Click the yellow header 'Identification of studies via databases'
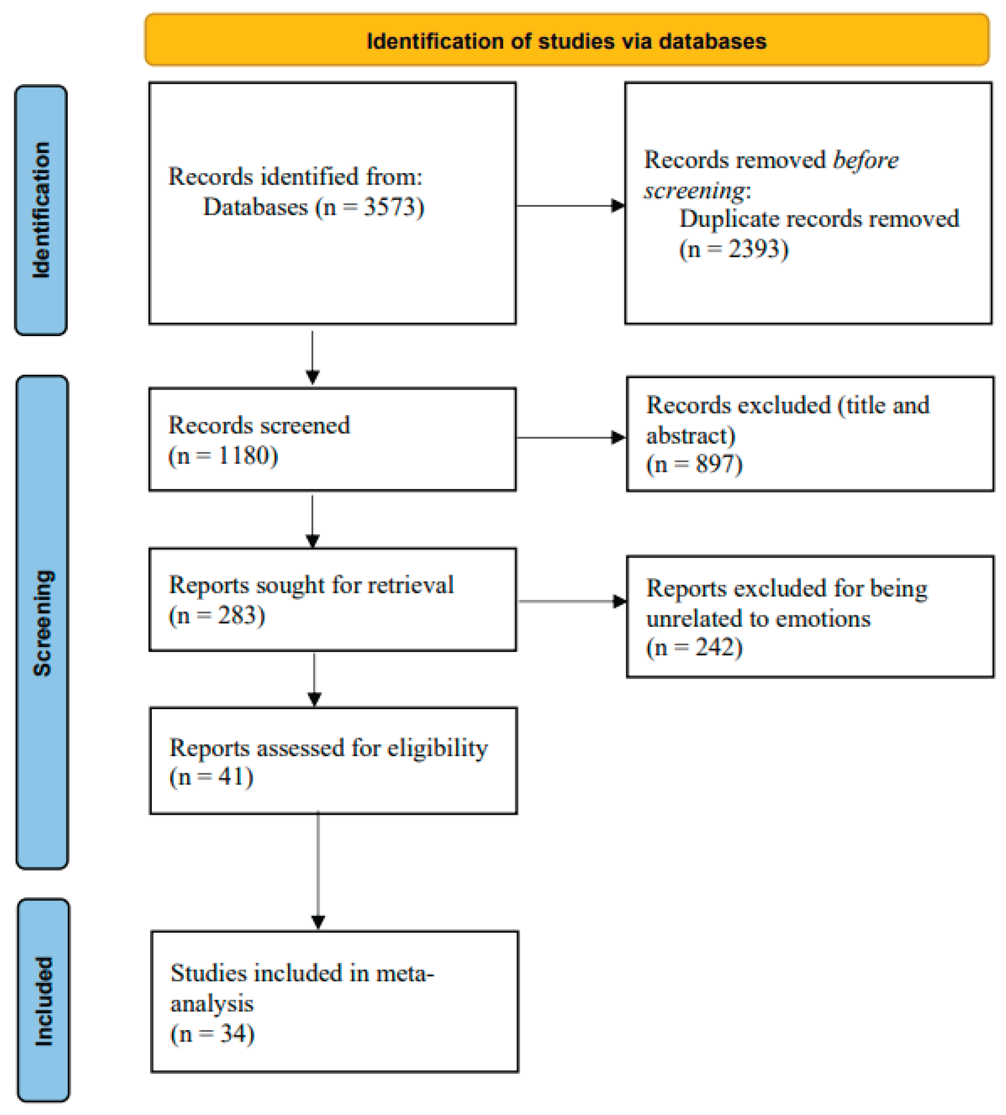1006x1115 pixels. (567, 40)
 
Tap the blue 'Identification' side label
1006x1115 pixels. (41, 210)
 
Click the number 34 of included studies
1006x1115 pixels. (233, 1033)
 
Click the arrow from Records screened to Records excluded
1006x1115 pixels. (569, 438)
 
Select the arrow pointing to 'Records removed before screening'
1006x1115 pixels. (569, 205)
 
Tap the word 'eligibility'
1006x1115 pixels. (437, 748)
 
